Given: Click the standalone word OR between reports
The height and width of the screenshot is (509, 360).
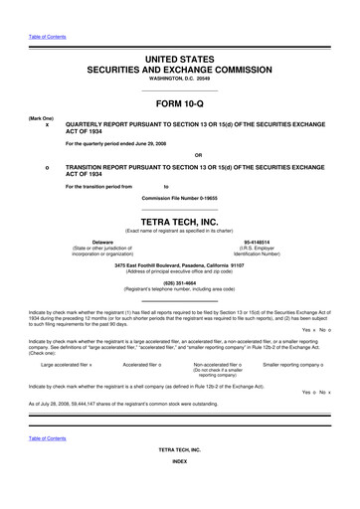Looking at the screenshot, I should click(198, 155).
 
